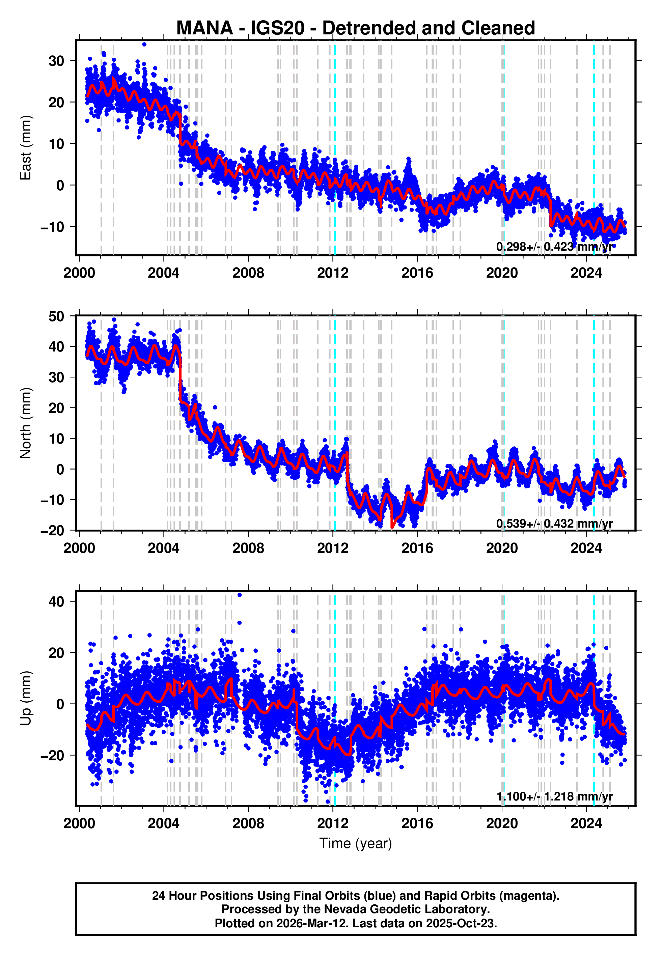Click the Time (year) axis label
[x=356, y=843]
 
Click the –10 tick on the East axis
[x=52, y=227]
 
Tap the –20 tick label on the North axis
[x=52, y=531]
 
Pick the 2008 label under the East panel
[x=248, y=273]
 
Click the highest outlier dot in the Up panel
[x=239, y=595]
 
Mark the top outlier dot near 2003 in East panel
[x=144, y=44]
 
